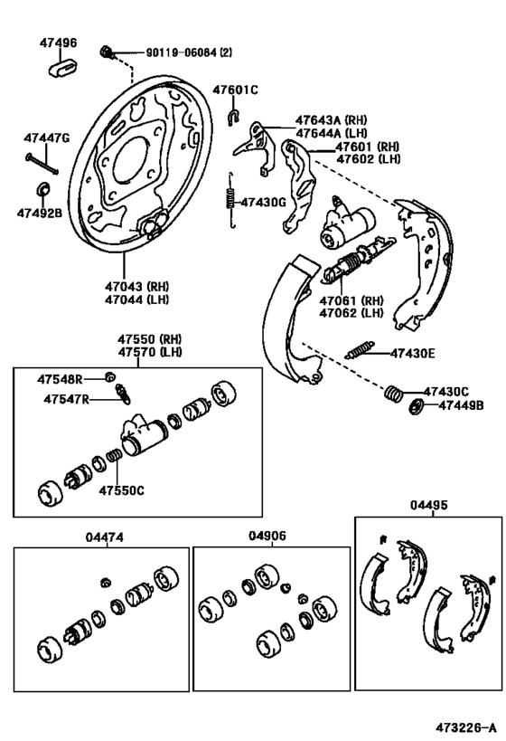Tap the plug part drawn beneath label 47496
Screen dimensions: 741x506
60,68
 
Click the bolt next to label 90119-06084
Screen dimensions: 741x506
108,52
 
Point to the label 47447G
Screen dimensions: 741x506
47,138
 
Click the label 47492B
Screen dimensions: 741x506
39,214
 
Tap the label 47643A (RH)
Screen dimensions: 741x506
330,119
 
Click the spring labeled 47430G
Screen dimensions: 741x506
231,200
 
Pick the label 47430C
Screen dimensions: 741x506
446,391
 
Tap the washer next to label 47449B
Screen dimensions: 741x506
417,405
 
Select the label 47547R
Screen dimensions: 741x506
65,399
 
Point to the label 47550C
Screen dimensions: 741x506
121,491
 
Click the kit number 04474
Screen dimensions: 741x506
104,537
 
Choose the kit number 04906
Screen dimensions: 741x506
267,536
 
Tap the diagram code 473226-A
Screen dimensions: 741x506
466,727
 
